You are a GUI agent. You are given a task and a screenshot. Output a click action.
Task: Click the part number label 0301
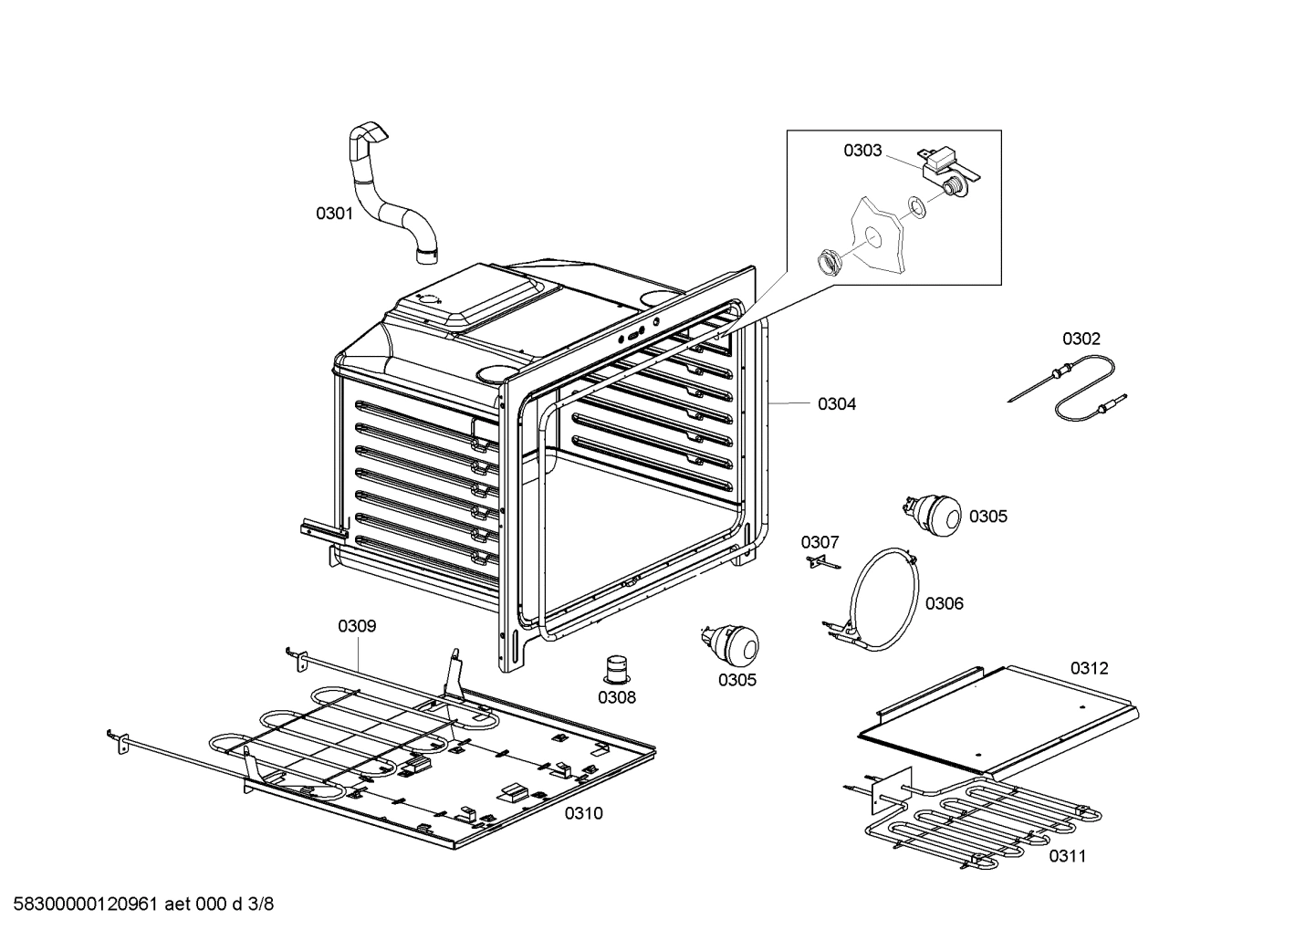(334, 214)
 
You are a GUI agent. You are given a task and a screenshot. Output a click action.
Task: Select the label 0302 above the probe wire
(1081, 339)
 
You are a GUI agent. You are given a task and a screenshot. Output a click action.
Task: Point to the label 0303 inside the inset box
(862, 151)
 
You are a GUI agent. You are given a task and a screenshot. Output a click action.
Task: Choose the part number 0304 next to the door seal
(836, 403)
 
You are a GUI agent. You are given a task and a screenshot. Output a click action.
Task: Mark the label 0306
(944, 603)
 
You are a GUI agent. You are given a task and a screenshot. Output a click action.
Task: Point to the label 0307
(820, 542)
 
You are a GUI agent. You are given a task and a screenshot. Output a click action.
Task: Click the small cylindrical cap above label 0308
(618, 668)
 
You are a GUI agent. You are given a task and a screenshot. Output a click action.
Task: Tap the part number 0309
(357, 626)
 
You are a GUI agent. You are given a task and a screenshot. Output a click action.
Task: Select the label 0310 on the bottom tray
(583, 813)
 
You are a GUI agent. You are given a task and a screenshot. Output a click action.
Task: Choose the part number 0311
(1067, 856)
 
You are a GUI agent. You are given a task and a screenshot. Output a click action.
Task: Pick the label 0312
(1089, 668)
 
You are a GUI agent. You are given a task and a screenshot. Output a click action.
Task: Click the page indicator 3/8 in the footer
(261, 904)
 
